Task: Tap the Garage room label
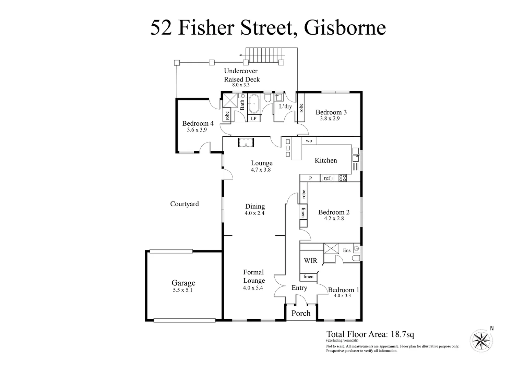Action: tap(183, 283)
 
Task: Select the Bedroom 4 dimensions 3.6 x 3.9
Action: tap(197, 130)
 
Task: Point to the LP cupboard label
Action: tap(253, 119)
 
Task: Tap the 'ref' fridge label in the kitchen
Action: tap(327, 178)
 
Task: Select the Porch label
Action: tap(301, 313)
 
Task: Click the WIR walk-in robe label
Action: tap(311, 261)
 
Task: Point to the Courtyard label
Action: tap(184, 204)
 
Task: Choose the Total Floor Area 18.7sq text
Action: tap(370, 334)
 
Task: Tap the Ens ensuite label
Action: tap(347, 250)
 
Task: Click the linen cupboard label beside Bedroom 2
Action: tap(303, 212)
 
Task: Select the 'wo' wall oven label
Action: tap(309, 141)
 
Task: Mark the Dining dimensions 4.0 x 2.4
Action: tap(254, 213)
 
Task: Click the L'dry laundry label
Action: tap(285, 107)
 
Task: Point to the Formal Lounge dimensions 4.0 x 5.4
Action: tap(253, 288)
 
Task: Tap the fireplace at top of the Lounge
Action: tap(246, 142)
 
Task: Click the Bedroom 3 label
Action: tap(331, 112)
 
